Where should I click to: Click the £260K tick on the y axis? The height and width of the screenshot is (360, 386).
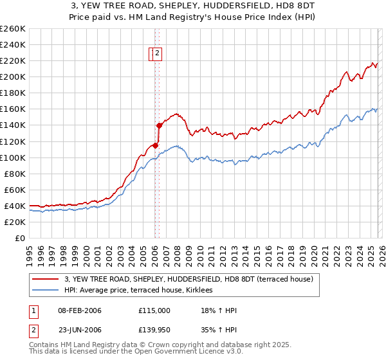(13, 29)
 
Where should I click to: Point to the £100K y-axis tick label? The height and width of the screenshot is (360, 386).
(13, 157)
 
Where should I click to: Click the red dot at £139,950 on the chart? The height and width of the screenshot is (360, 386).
(159, 125)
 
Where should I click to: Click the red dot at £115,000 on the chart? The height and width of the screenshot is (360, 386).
(155, 145)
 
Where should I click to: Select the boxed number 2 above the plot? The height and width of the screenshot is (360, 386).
(158, 54)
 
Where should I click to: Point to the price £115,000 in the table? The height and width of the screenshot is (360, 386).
(154, 310)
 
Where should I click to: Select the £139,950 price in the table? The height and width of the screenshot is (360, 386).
(154, 330)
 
